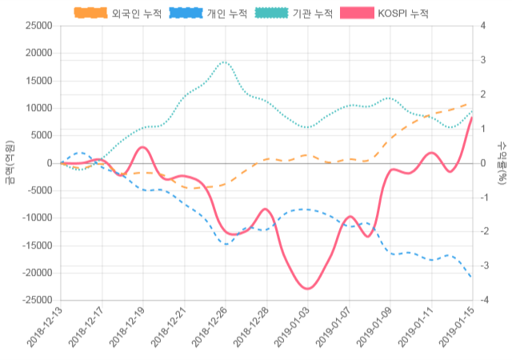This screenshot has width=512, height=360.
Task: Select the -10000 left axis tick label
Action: tap(36, 218)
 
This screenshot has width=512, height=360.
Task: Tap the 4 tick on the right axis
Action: tap(482, 26)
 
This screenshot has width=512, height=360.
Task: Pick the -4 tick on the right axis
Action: tap(483, 300)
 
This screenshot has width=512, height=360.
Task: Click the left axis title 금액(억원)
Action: tap(9, 163)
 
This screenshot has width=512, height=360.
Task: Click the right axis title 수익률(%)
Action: tap(502, 163)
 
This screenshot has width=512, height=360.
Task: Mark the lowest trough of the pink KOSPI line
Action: tap(307, 288)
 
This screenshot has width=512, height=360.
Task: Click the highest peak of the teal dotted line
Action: tap(226, 62)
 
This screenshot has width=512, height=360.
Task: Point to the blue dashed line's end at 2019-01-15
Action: tap(471, 278)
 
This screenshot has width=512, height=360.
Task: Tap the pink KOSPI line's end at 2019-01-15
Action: tap(471, 118)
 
